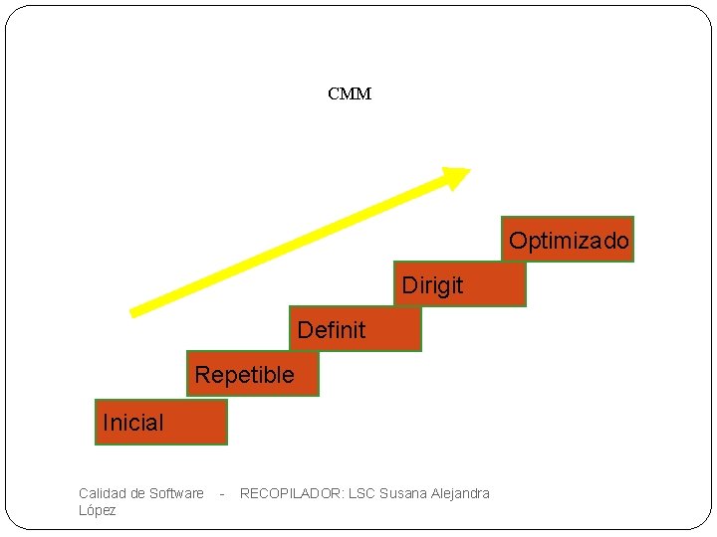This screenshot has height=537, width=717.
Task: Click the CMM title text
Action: point(350,94)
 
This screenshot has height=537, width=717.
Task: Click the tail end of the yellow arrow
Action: point(134,312)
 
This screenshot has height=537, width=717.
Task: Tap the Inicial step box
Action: point(161,423)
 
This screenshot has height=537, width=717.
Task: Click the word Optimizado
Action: point(569,241)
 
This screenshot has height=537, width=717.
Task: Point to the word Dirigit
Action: point(432,286)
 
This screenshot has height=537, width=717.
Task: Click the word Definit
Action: point(332,330)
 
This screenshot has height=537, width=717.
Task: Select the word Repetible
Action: point(245,375)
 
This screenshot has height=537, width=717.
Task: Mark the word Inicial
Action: point(132,423)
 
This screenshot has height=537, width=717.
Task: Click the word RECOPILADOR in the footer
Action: point(291,493)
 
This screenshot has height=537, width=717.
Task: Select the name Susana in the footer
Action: point(403,493)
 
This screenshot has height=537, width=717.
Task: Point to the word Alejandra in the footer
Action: point(460,493)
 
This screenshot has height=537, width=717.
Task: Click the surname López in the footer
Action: point(98,510)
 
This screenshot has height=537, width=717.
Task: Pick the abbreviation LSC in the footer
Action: point(361,493)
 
